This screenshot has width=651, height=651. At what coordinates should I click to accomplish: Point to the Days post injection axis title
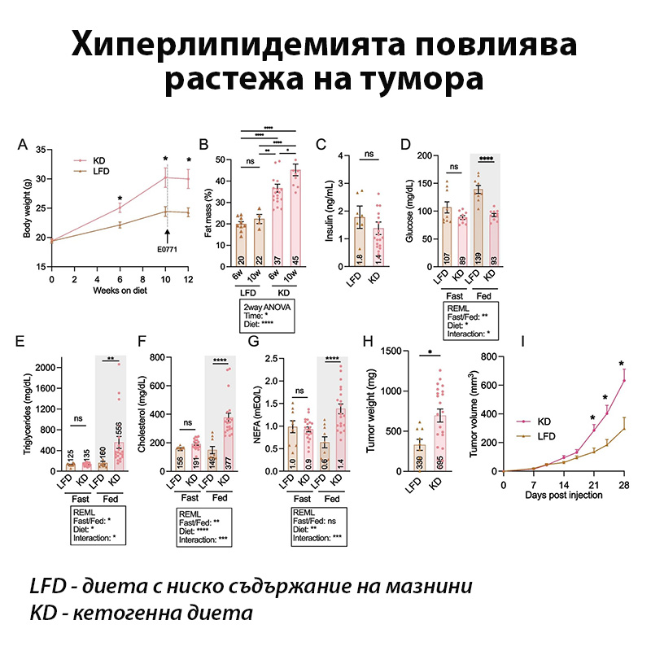pos(563,495)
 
